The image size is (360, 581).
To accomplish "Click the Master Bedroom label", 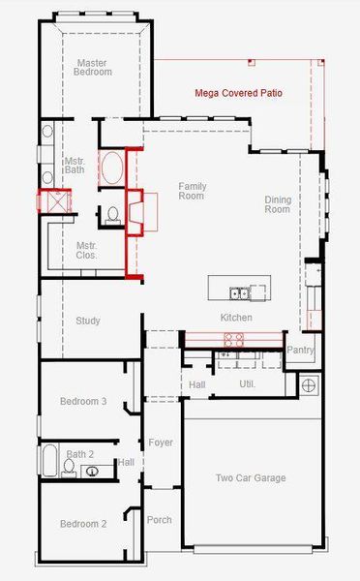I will pyautogui.click(x=92, y=69).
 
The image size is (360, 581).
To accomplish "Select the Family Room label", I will pyautogui.click(x=192, y=191).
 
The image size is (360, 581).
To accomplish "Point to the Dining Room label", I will pyautogui.click(x=278, y=204).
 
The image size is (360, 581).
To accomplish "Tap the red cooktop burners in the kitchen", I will pyautogui.click(x=234, y=339).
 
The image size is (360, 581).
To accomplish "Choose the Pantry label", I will pyautogui.click(x=300, y=350).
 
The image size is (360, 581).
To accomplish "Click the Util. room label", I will pyautogui.click(x=247, y=384).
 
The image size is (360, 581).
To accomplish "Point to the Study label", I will pyautogui.click(x=88, y=321).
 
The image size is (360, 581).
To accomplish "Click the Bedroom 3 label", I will pyautogui.click(x=83, y=401).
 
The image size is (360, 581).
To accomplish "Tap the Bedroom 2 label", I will pyautogui.click(x=83, y=524).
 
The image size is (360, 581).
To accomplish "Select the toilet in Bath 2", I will pyautogui.click(x=69, y=468).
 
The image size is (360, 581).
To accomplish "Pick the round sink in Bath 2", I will pyautogui.click(x=93, y=472).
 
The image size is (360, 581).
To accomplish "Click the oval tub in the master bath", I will pyautogui.click(x=112, y=168).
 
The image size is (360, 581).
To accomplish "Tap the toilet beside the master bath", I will pyautogui.click(x=112, y=214).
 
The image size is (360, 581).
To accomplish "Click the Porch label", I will pyautogui.click(x=159, y=520).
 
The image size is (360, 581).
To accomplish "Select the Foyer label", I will pyautogui.click(x=161, y=443).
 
